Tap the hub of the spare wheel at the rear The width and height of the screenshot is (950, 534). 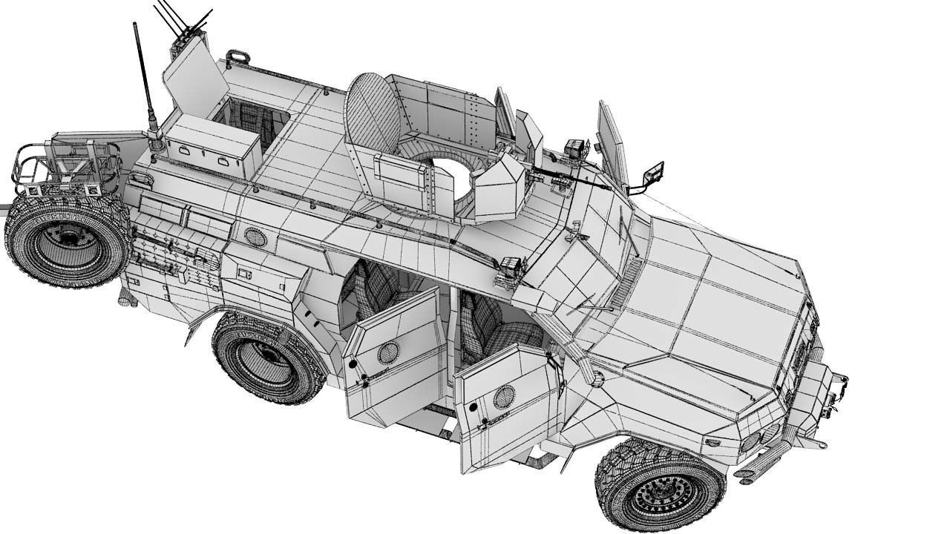coord(68,238)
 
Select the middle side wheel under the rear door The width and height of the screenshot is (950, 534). coord(267,357)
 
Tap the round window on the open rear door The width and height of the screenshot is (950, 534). coord(388,353)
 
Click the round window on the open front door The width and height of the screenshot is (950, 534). coord(504,397)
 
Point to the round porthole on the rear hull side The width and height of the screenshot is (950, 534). coord(255,237)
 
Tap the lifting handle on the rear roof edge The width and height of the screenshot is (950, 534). coord(237,56)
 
